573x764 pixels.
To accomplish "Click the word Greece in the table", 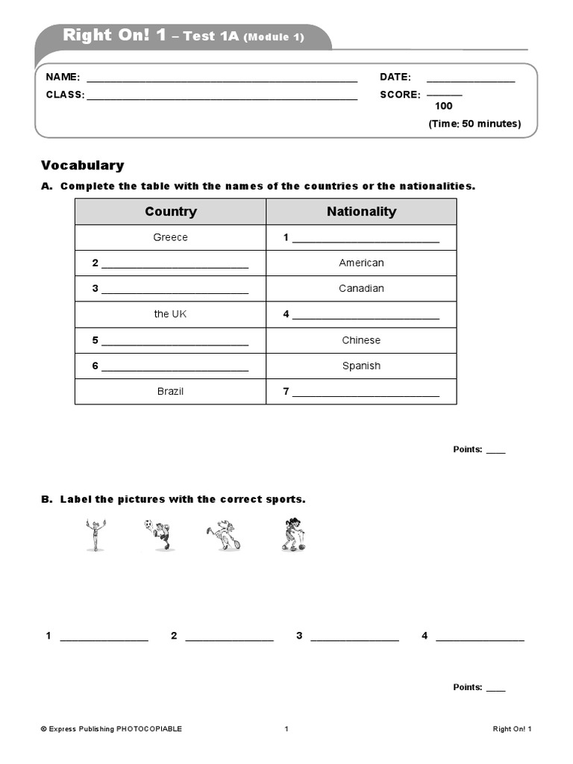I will [170, 237].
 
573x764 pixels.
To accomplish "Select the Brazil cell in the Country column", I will [170, 391].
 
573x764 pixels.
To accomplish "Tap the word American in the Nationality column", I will [361, 263].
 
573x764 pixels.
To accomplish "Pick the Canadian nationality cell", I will [361, 288].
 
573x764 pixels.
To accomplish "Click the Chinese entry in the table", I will [361, 340].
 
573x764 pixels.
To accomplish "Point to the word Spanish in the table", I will [361, 366].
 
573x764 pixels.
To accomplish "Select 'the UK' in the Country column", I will [170, 314].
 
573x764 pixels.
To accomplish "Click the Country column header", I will [171, 212].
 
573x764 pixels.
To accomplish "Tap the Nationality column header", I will [361, 212].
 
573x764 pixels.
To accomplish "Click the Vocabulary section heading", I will [83, 166].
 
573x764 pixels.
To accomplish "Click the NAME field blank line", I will [222, 78].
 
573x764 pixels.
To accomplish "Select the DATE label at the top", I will [395, 77].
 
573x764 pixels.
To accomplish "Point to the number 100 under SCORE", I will [443, 106].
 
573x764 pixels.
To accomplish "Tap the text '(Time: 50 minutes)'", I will [475, 124].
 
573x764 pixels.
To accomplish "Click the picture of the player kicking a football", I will [157, 535].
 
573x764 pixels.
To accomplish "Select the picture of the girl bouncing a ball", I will [292, 535].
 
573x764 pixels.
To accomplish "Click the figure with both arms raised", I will [93, 535].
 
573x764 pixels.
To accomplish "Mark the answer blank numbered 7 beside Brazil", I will [366, 392].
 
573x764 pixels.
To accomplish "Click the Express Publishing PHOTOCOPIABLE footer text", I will [111, 729].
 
